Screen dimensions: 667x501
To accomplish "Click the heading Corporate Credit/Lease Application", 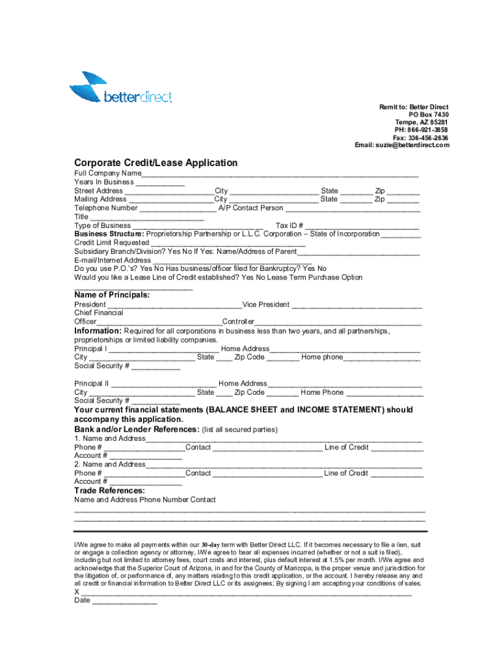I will [x=156, y=162].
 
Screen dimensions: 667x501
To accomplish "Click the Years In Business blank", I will [x=160, y=184].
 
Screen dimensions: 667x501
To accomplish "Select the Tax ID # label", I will [x=290, y=225].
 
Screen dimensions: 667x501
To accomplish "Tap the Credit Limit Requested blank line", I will [x=228, y=244].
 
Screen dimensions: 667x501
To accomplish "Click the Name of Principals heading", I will [x=112, y=295].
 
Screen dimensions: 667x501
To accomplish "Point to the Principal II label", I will [x=92, y=384].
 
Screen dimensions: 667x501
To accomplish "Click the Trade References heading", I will [x=109, y=490].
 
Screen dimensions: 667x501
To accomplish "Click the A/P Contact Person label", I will [x=251, y=208].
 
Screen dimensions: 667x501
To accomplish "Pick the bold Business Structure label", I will [x=109, y=234].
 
